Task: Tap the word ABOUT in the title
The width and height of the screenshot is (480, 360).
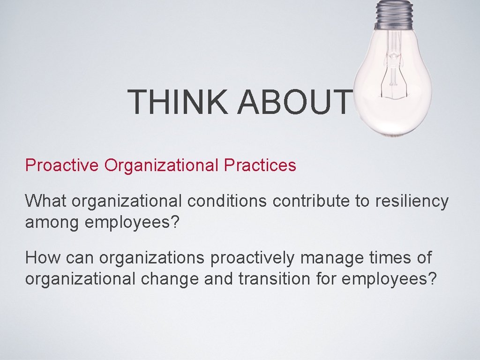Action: [294, 102]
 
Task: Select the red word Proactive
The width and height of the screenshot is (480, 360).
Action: [62, 165]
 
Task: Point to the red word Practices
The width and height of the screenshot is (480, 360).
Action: [260, 165]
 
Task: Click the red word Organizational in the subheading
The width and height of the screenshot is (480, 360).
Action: [162, 165]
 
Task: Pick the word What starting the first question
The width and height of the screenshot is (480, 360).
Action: [46, 201]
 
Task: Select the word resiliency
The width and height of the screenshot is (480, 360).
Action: [412, 202]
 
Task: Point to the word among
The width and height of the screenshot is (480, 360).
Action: [52, 222]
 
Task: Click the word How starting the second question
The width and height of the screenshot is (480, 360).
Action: [43, 257]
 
